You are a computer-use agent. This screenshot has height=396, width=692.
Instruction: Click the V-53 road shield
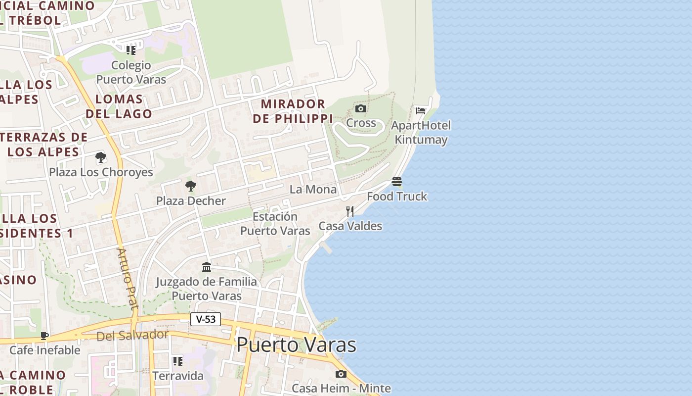pos(206,319)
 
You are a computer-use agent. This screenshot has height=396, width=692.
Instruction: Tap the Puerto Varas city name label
pos(296,345)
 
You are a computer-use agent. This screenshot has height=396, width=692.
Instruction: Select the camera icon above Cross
pos(361,109)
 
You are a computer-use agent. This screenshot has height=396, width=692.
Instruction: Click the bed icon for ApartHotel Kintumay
pos(421,110)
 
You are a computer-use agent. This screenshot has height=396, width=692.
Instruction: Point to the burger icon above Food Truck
pos(397,182)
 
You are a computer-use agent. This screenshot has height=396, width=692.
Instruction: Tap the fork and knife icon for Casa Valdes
pos(350,211)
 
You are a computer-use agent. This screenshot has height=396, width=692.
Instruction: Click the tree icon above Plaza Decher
pos(191,186)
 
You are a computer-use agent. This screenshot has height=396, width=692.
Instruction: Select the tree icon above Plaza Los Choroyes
pos(101,158)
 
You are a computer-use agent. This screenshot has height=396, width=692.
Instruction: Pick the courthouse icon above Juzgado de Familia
pos(207,267)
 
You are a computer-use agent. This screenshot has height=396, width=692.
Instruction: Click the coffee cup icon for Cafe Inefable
pos(44,336)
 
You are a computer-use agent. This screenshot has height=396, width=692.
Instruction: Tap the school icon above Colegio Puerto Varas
pos(131,50)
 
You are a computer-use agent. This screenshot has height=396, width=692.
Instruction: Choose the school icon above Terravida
pos(178,361)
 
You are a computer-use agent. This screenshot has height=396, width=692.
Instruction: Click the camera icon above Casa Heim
pos(341,374)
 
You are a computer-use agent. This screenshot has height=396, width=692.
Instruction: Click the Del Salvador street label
pos(132,336)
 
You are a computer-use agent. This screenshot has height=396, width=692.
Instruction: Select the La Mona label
pos(313,189)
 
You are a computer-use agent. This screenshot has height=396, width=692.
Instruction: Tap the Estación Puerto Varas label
pos(275,224)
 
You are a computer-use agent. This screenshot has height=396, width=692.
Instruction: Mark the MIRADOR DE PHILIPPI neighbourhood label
pos(293,111)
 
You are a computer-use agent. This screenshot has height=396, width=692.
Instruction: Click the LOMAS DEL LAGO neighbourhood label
pos(119,106)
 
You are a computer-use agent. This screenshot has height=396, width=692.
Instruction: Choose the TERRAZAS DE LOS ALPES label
pos(44,145)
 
